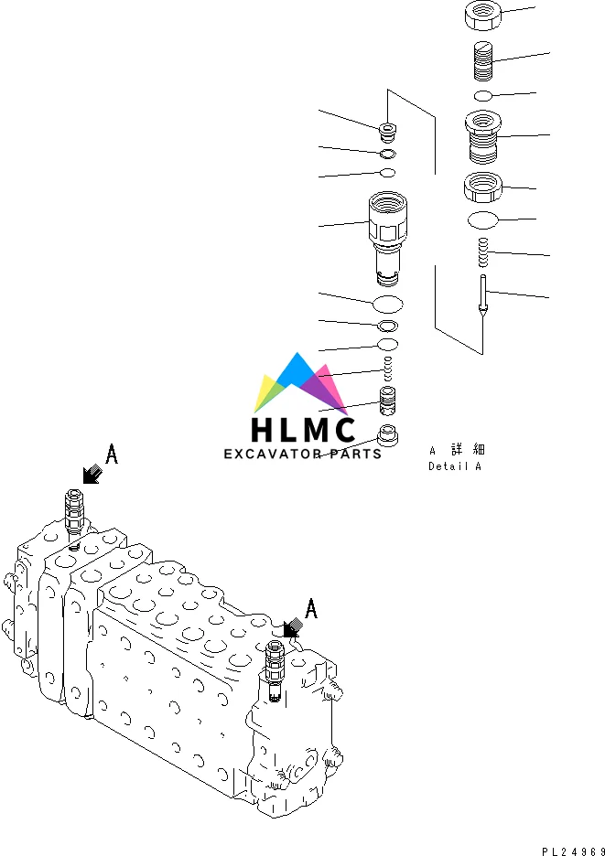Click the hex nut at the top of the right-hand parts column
click(482, 14)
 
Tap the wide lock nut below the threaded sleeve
click(482, 187)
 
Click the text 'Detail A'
click(454, 466)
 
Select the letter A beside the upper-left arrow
click(112, 454)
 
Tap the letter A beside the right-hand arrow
click(311, 608)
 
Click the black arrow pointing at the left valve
click(92, 474)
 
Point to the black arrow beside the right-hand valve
click(293, 627)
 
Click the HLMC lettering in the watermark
click(303, 430)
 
